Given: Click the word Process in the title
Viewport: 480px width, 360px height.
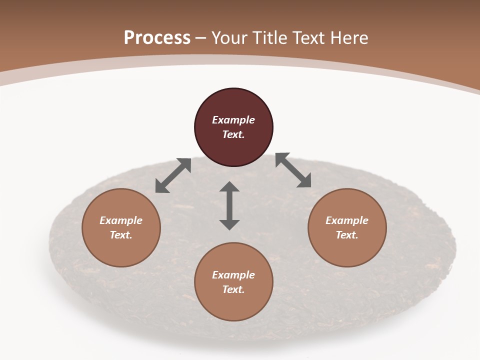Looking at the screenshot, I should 157,37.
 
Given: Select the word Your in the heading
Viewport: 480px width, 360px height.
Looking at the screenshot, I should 230,37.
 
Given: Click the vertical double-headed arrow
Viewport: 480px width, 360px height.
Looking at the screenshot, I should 229,205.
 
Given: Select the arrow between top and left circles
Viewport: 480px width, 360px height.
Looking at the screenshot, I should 173,175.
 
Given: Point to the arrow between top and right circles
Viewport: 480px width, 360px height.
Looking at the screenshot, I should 293,170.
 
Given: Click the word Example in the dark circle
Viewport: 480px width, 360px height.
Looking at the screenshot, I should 233,120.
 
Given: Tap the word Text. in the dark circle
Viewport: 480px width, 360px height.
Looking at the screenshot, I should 233,134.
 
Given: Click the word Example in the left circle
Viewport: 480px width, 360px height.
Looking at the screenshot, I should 121,220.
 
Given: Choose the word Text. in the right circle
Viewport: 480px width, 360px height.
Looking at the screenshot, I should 346,235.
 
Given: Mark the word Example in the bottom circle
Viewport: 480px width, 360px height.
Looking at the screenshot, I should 233,275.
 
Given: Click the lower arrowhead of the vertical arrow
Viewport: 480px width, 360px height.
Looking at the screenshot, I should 229,224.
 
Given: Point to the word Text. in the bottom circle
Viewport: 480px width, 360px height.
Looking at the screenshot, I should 233,289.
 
